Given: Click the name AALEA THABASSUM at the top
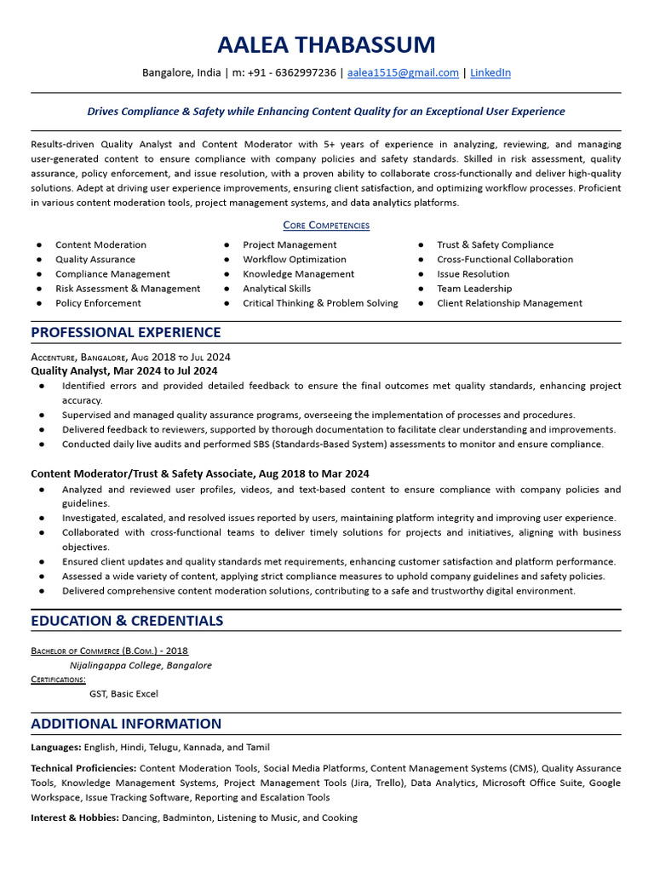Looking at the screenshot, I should coord(326,44).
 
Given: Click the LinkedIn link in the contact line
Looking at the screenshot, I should coord(490,72).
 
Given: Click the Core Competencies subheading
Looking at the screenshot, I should coord(326,225).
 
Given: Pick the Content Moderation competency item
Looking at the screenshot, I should coord(100,244).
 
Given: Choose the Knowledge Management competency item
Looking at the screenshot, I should coord(298,274).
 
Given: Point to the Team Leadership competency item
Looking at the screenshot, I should coord(474,289).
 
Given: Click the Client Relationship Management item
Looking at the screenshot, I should coord(509,303).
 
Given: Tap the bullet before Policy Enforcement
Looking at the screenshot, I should coord(39,303).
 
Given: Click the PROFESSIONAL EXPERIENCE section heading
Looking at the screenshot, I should coord(126,332).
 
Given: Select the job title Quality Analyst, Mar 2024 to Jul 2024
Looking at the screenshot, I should coord(124,371).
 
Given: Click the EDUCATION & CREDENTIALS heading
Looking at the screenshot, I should coord(127,621).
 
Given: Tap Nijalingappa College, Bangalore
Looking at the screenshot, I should coord(141,665).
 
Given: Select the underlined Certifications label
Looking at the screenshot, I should coord(58,679).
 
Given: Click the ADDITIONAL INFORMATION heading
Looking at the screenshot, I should coord(126,724).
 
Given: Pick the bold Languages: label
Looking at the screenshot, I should coord(56,747).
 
